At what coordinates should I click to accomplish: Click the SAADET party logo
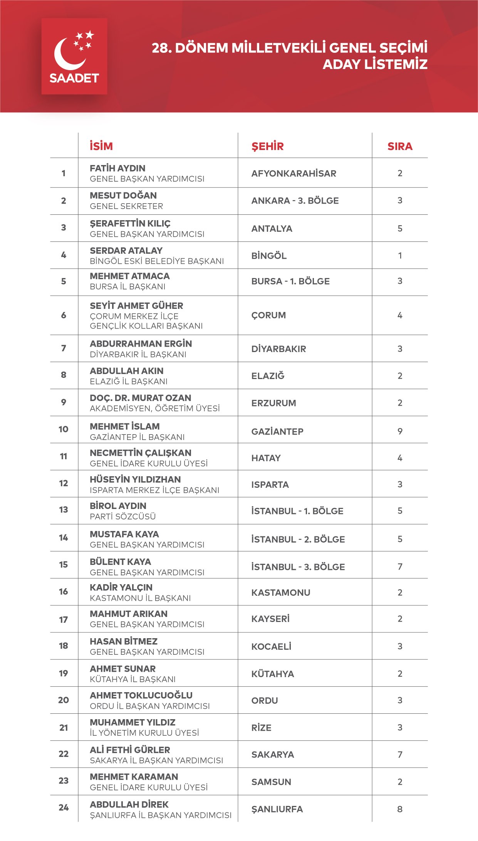pyautogui.click(x=74, y=56)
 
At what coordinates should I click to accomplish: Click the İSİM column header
pyautogui.click(x=101, y=146)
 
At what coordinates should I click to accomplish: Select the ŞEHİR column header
pyautogui.click(x=268, y=146)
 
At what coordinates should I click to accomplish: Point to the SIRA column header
pyautogui.click(x=400, y=146)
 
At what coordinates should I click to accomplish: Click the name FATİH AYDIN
pyautogui.click(x=117, y=168)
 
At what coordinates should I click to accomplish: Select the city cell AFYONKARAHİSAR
pyautogui.click(x=294, y=174)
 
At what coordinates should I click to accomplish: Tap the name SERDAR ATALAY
pyautogui.click(x=126, y=250)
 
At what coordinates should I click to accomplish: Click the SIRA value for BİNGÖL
pyautogui.click(x=400, y=255)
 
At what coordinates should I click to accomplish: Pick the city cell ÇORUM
pyautogui.click(x=268, y=315)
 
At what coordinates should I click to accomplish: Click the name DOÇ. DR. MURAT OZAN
pyautogui.click(x=140, y=398)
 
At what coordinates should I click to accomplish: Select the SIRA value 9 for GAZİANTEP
pyautogui.click(x=400, y=431)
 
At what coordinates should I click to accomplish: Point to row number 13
pyautogui.click(x=64, y=510)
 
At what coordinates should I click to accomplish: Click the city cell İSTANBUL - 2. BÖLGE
pyautogui.click(x=298, y=539)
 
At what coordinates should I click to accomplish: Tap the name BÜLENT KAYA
pyautogui.click(x=120, y=561)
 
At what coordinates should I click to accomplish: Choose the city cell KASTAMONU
pyautogui.click(x=281, y=592)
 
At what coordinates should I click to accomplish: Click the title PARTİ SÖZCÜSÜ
pyautogui.click(x=122, y=516)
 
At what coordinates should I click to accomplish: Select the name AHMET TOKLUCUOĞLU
pyautogui.click(x=141, y=695)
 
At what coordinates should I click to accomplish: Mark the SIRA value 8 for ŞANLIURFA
pyautogui.click(x=400, y=809)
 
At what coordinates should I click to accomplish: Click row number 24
pyautogui.click(x=64, y=807)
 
